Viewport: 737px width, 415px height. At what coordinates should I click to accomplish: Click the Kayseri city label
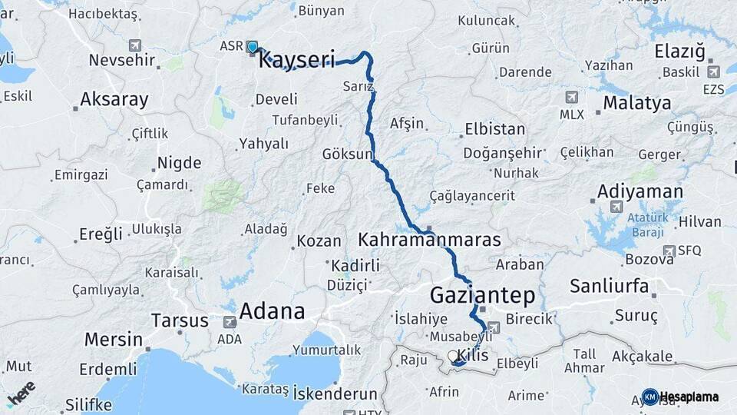(297, 60)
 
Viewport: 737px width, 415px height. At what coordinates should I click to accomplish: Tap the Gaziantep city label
(482, 294)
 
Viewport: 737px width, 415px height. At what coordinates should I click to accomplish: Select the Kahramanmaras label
(429, 239)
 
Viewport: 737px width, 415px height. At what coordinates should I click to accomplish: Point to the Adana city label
(272, 311)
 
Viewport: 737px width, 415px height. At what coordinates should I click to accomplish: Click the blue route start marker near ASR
(253, 48)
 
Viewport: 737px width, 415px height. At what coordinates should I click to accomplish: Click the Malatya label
(636, 103)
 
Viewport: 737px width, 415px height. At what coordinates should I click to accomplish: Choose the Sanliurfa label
(610, 287)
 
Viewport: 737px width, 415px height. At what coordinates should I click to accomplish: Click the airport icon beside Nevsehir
(136, 45)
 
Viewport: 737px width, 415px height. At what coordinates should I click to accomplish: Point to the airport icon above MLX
(571, 98)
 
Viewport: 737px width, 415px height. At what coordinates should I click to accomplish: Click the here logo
(21, 392)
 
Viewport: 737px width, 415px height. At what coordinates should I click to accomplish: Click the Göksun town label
(347, 153)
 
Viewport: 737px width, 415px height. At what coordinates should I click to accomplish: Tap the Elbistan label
(494, 128)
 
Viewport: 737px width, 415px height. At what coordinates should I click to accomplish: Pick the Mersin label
(114, 339)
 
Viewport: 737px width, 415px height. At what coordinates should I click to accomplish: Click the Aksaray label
(114, 99)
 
